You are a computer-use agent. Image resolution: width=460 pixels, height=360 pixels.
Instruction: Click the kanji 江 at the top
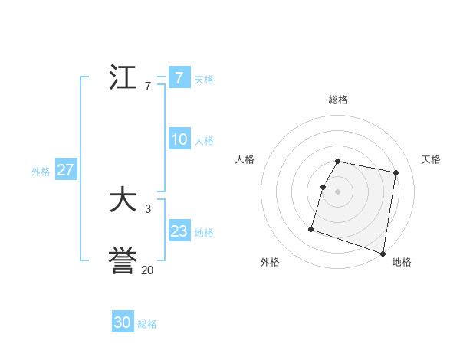(x=123, y=77)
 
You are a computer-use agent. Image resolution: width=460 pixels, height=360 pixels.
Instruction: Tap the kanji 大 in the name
(x=123, y=201)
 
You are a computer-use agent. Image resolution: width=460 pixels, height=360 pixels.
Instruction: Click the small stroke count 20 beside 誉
(x=147, y=270)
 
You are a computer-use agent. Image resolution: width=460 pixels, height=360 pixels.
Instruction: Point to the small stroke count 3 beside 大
(x=147, y=208)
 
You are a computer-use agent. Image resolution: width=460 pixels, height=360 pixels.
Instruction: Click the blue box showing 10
(x=179, y=139)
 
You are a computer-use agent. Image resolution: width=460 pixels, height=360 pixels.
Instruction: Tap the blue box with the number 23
(x=179, y=231)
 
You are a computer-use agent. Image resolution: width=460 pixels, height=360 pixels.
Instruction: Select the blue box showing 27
(x=66, y=170)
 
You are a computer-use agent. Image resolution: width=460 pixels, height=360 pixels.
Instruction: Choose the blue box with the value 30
(x=123, y=322)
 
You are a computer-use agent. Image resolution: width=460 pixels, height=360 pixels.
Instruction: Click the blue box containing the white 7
(x=179, y=77)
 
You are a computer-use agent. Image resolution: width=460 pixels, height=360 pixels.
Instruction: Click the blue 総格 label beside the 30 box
(x=147, y=324)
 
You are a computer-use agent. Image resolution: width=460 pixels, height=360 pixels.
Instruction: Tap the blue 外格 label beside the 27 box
(x=41, y=172)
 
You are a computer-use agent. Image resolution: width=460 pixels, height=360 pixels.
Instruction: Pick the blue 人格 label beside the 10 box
(x=204, y=141)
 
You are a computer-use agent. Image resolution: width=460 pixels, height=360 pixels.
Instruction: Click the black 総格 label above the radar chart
(x=338, y=100)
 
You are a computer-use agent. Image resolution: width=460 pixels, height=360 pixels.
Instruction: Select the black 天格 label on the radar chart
(x=431, y=159)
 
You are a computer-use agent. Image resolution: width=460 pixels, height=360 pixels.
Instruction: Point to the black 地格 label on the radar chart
(x=402, y=262)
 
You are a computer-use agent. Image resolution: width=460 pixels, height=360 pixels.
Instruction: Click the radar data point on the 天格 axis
(x=396, y=172)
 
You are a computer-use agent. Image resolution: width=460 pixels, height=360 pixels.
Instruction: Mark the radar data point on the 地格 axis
(x=383, y=252)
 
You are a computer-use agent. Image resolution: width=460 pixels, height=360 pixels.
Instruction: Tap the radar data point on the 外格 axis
(x=311, y=228)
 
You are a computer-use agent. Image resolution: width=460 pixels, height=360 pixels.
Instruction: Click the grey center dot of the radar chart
(x=338, y=191)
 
